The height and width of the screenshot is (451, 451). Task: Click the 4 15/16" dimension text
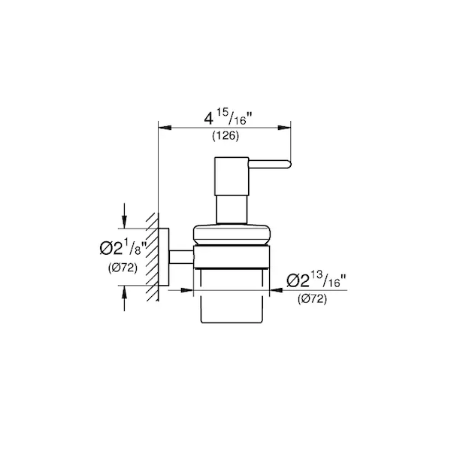click(x=228, y=118)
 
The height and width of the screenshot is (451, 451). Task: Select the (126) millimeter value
click(x=225, y=136)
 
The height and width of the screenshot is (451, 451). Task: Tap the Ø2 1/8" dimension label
click(x=123, y=249)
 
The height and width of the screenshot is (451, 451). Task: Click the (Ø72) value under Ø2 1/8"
click(x=123, y=268)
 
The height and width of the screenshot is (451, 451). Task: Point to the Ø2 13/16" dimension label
click(x=316, y=280)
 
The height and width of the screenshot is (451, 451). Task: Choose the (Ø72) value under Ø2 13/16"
click(x=312, y=299)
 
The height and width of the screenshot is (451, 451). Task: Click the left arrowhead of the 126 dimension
click(x=165, y=128)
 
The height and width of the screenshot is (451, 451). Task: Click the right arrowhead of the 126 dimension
click(x=284, y=128)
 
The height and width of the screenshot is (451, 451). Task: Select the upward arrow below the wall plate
click(x=124, y=298)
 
